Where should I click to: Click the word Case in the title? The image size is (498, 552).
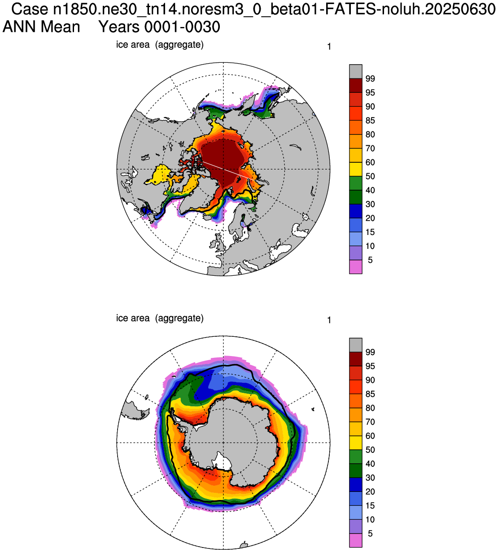coord(30,9)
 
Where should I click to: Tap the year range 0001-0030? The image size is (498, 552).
coord(182,27)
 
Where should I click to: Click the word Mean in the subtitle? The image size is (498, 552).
coord(61,27)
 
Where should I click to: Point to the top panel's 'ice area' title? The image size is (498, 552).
coord(133,44)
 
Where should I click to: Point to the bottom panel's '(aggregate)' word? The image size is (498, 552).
coord(179,318)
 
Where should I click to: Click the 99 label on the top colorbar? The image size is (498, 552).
coord(370,79)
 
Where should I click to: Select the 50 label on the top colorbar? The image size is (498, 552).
coord(370,176)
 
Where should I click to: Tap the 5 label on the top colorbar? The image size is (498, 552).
coord(370,260)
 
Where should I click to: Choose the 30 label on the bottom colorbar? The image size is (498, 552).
coord(370,478)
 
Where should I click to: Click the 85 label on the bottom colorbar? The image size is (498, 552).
coord(370,394)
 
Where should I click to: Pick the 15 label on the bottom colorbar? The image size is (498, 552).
coord(370,505)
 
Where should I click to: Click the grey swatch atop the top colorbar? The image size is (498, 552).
coord(355,72)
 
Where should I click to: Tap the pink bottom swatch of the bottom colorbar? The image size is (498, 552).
coord(355,540)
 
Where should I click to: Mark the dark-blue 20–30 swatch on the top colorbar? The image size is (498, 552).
coord(355,211)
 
